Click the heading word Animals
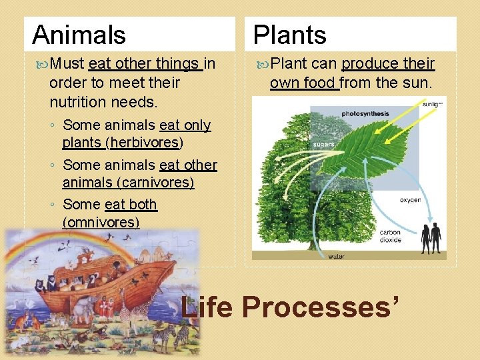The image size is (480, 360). [79, 35]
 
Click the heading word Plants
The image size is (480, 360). [290, 35]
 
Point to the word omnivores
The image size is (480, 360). [101, 221]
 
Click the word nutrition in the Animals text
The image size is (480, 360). [76, 102]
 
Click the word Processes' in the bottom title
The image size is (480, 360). [323, 307]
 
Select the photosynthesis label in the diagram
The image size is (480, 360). [365, 113]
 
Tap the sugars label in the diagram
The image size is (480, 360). [323, 143]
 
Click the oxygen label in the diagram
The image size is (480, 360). [410, 200]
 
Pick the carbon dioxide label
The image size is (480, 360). [390, 236]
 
